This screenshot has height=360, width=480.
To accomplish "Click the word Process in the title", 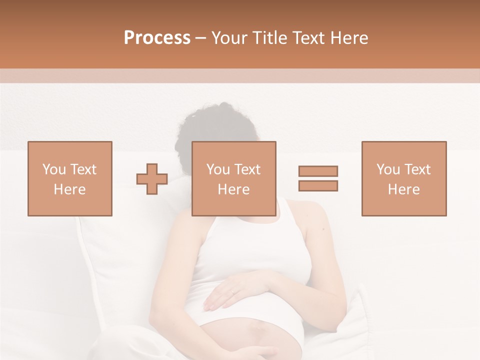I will pyautogui.click(x=157, y=38).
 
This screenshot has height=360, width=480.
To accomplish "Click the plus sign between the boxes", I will pyautogui.click(x=152, y=178).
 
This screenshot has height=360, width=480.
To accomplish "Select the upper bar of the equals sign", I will pyautogui.click(x=318, y=171).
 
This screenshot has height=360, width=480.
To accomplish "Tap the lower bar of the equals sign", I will pyautogui.click(x=318, y=185).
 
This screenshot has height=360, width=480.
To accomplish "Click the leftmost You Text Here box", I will pyautogui.click(x=70, y=178).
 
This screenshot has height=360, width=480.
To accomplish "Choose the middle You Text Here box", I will pyautogui.click(x=234, y=178).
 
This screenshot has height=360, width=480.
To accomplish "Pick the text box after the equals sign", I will pyautogui.click(x=404, y=178).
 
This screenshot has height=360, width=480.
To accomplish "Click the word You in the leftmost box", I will pyautogui.click(x=53, y=169).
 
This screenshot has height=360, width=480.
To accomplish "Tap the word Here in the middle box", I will pyautogui.click(x=234, y=189).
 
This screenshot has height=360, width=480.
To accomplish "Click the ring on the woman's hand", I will pyautogui.click(x=232, y=290).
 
